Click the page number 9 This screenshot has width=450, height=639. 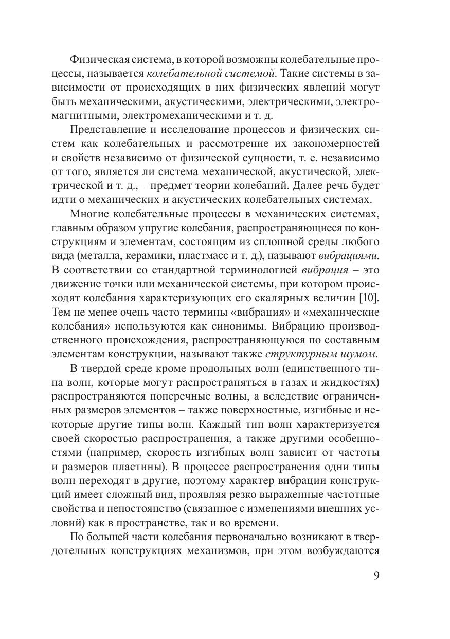(376, 576)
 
